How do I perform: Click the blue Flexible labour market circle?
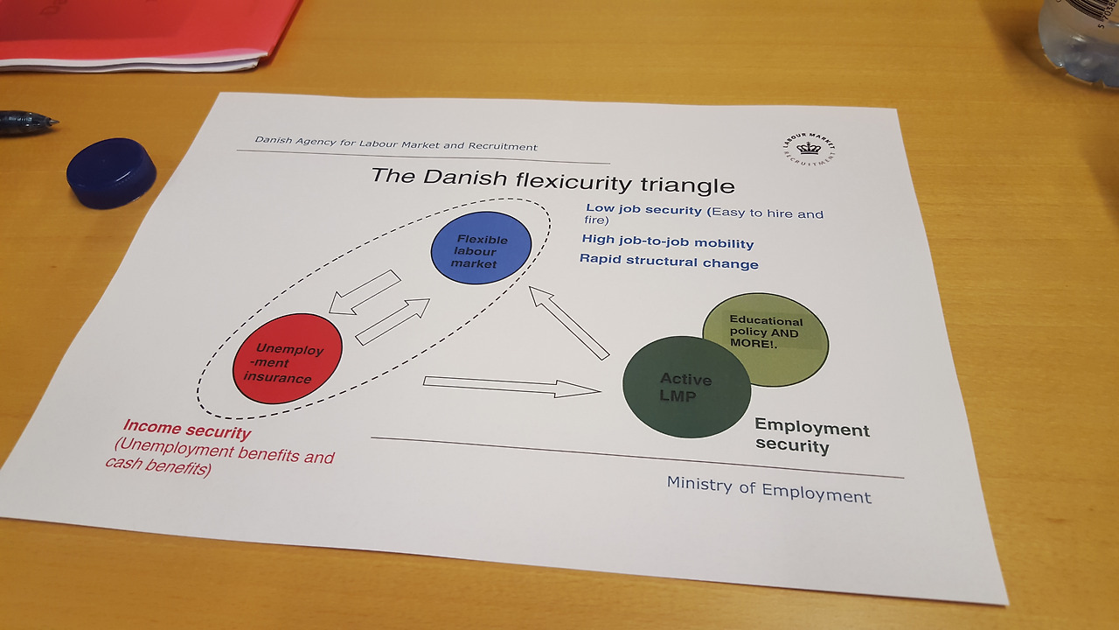(481, 248)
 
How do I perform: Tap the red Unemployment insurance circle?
(288, 359)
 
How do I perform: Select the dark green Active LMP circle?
(686, 387)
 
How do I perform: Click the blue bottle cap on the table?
(111, 172)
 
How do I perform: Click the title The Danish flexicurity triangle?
(553, 180)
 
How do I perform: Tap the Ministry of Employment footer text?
(768, 489)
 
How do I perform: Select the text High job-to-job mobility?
(668, 242)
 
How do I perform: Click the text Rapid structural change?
(669, 262)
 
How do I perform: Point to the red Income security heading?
(187, 430)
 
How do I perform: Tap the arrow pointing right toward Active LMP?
(511, 386)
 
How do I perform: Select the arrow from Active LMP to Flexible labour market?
(569, 322)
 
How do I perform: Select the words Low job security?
(643, 210)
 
